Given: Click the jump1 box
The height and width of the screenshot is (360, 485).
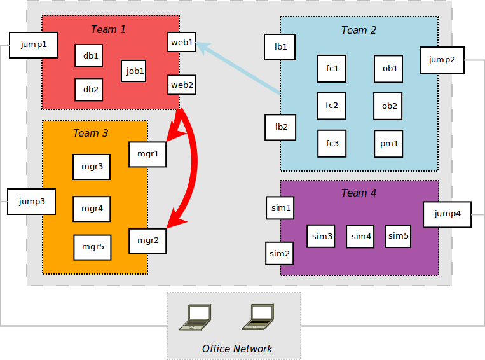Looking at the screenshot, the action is (34, 45).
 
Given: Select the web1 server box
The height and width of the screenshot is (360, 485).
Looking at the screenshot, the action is (182, 42).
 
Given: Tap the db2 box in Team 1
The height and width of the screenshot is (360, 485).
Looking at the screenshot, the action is (89, 90).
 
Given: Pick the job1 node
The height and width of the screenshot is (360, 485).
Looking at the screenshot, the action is (133, 71).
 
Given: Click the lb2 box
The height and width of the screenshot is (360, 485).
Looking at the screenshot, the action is (280, 127).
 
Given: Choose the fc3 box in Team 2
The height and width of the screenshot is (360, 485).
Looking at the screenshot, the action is (332, 144).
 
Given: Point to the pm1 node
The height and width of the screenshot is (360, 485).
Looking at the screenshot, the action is (388, 144).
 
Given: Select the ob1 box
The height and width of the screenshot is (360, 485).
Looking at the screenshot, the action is (388, 69).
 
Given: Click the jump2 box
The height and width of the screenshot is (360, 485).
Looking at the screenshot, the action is (442, 60).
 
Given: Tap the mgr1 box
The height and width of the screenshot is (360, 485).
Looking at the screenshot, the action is (147, 155).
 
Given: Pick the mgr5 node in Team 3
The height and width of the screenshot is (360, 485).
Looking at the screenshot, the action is (92, 247).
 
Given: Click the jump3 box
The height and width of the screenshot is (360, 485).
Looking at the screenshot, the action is (32, 202).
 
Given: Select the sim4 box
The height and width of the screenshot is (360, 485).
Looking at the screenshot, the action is (360, 237).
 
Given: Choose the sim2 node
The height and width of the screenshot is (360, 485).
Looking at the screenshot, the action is (279, 254).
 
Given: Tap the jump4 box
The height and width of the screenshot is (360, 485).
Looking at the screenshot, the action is (447, 214).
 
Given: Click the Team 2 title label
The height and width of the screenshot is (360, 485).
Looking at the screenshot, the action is (359, 30).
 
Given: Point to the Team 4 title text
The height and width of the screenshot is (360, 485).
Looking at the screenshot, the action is (359, 193).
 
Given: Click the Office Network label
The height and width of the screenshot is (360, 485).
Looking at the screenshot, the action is (237, 349).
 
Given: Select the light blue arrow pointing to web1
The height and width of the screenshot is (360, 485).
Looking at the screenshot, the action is (238, 68).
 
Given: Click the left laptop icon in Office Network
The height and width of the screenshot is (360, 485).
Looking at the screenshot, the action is (196, 317).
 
